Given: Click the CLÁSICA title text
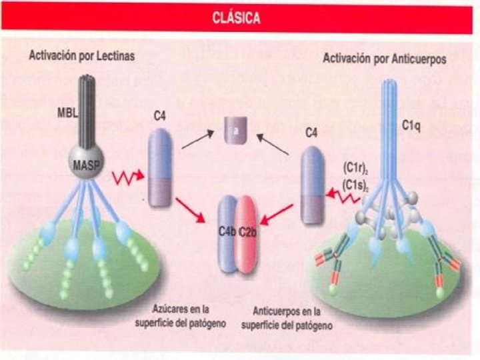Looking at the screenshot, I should point(236,19).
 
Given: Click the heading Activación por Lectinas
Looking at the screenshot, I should point(81,56).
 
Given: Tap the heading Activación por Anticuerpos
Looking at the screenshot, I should point(385,59).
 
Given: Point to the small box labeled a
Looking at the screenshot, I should point(235,131).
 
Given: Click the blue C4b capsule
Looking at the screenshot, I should point(228,233).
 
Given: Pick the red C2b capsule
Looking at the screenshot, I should point(247,233).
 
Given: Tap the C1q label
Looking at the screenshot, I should point(410,125).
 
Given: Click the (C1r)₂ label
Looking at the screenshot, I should point(353,167).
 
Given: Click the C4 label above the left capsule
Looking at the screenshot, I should point(159,116).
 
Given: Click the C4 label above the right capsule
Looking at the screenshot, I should point(311,133).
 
